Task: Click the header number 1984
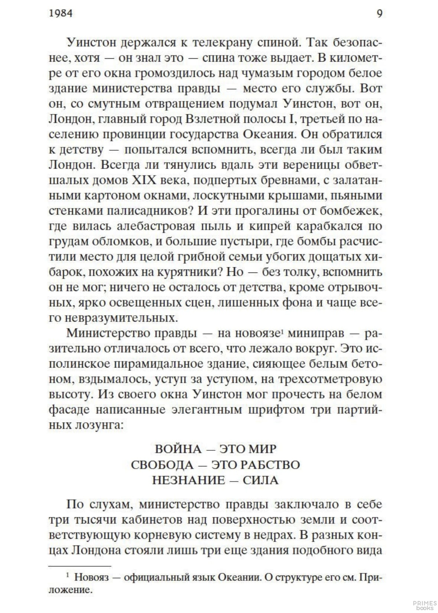61,13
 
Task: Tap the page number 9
379,13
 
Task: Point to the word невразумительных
119,318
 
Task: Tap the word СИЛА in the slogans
260,480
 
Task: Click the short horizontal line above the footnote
80,566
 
